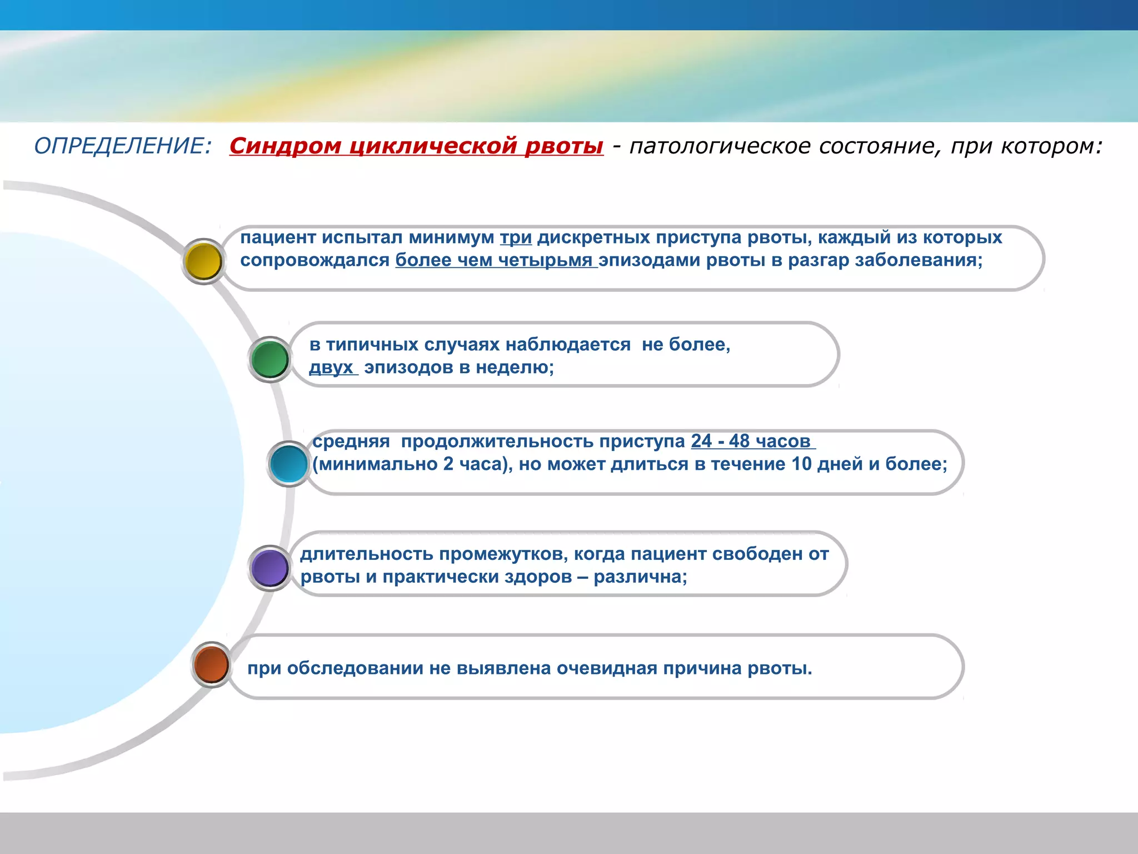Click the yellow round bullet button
coord(203,261)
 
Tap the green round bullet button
coord(270,360)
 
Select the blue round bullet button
coord(289,463)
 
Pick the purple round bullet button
coord(269,568)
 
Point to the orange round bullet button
coord(212,665)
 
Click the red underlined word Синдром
coord(285,146)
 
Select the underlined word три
coord(516,237)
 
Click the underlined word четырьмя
coord(545,260)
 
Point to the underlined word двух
coord(331,368)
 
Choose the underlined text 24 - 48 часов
coord(751,441)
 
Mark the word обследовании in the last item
coord(355,668)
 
